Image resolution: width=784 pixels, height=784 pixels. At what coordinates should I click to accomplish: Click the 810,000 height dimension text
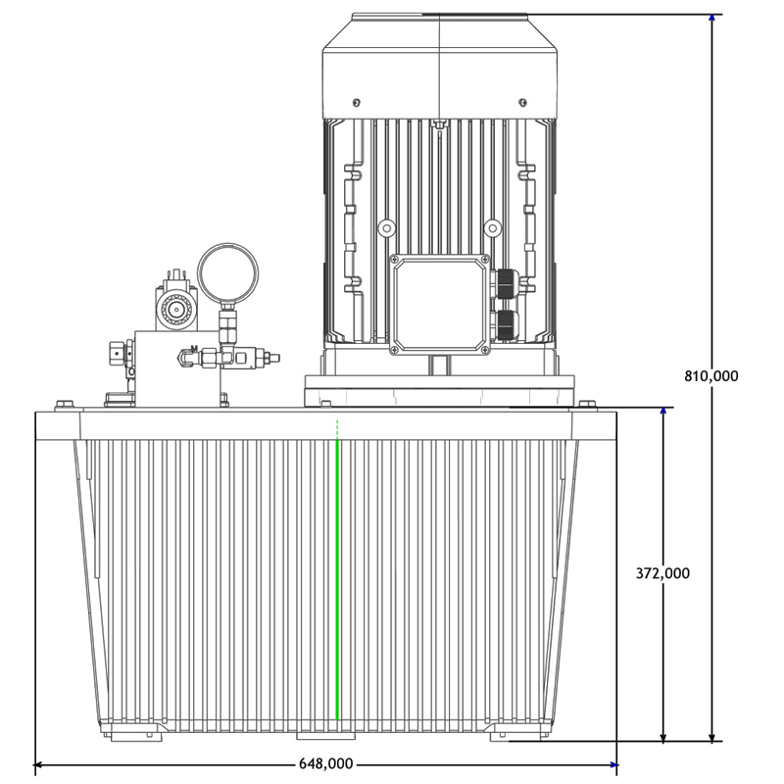point(710,375)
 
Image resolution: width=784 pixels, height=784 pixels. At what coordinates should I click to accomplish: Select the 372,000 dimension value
point(662,573)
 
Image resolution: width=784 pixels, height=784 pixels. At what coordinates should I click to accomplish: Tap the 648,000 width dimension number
point(325,764)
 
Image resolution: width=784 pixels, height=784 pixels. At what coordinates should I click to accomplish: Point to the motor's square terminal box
point(439,304)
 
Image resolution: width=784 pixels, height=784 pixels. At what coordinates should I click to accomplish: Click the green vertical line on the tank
point(337,578)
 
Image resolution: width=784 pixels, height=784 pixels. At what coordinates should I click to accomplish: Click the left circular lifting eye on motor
point(386,228)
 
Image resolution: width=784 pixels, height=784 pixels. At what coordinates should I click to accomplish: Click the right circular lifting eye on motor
point(493,228)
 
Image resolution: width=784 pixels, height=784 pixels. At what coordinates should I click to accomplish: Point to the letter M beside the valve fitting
point(193,348)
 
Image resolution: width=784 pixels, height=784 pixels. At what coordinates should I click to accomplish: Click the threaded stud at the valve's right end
point(272,360)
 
